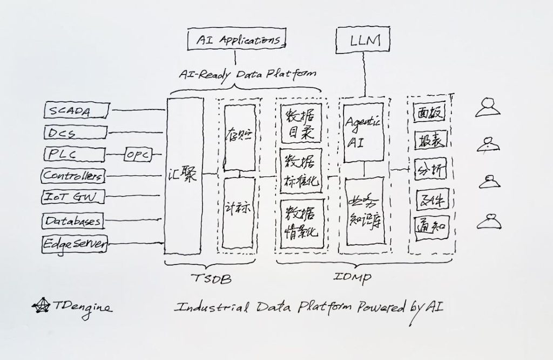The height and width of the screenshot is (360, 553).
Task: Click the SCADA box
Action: pyautogui.click(x=76, y=111)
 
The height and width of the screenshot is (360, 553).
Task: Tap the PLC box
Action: pyautogui.click(x=75, y=154)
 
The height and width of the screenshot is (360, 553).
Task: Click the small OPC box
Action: pyautogui.click(x=138, y=154)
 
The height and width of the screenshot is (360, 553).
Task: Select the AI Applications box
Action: pyautogui.click(x=236, y=39)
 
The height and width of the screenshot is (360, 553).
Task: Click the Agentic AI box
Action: pyautogui.click(x=363, y=132)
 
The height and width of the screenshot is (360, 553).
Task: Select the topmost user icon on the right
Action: pyautogui.click(x=489, y=107)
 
